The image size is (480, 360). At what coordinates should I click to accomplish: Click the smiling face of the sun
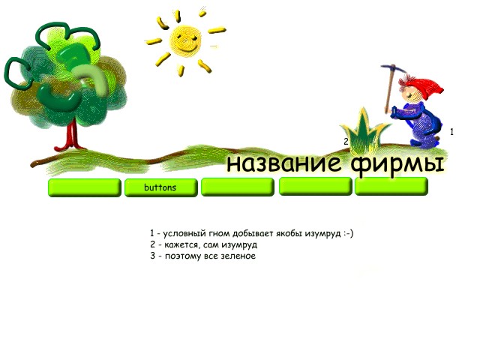coord(186,40)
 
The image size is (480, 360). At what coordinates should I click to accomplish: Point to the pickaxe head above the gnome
coord(394,68)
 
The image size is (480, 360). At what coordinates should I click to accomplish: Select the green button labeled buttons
coord(160,187)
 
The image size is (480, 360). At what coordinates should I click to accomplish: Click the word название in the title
coord(283,163)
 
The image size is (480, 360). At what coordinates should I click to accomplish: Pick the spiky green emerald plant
coord(364,131)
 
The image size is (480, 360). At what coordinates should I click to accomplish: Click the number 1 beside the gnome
coord(451,132)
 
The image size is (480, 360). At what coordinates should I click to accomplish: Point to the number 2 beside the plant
coord(346,142)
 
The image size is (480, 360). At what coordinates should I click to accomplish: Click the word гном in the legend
coord(219,233)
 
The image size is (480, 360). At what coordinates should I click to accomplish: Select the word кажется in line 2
coord(181,245)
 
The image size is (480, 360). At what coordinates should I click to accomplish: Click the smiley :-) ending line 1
coord(348,233)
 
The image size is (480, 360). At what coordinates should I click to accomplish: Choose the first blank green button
coord(85,187)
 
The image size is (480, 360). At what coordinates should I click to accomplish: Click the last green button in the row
coord(391,186)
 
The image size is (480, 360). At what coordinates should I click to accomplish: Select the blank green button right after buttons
coord(238,187)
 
